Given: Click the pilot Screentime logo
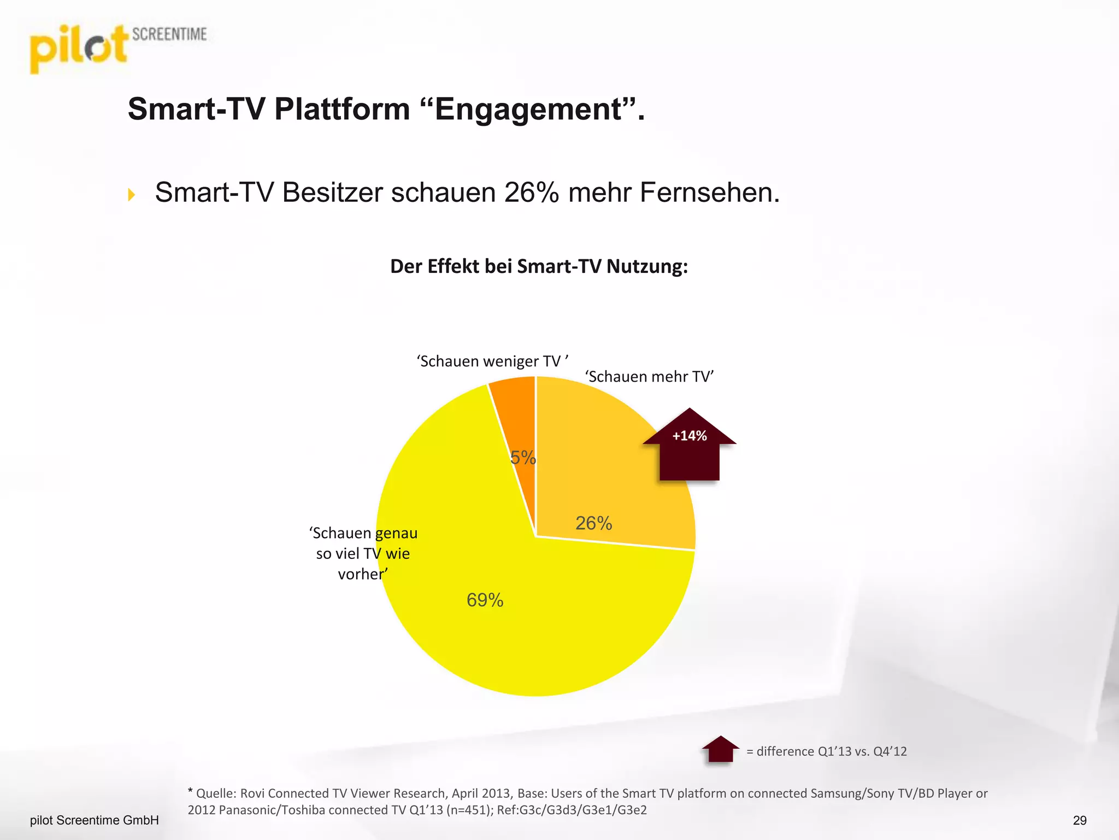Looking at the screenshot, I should coord(117,48).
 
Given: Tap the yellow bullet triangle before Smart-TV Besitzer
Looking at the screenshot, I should coord(131,195).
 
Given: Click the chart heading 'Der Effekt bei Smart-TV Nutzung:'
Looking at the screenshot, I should coord(539,267).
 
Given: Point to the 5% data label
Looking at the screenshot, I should coord(523,458).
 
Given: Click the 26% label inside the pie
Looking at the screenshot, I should coord(593,523).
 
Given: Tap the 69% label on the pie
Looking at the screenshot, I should coord(485,600).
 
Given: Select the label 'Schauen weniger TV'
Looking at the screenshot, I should coord(492,361).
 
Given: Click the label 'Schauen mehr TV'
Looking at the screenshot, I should coord(649,377).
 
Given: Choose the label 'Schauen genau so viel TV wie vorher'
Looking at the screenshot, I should coord(363,553).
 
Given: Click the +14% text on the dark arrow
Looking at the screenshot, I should coord(690,436).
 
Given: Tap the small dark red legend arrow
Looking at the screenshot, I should coord(720,749).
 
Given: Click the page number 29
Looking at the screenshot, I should coord(1080,820).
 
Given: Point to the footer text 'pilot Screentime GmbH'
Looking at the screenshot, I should coord(95,820).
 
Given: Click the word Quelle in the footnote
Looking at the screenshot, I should coord(215,794).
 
